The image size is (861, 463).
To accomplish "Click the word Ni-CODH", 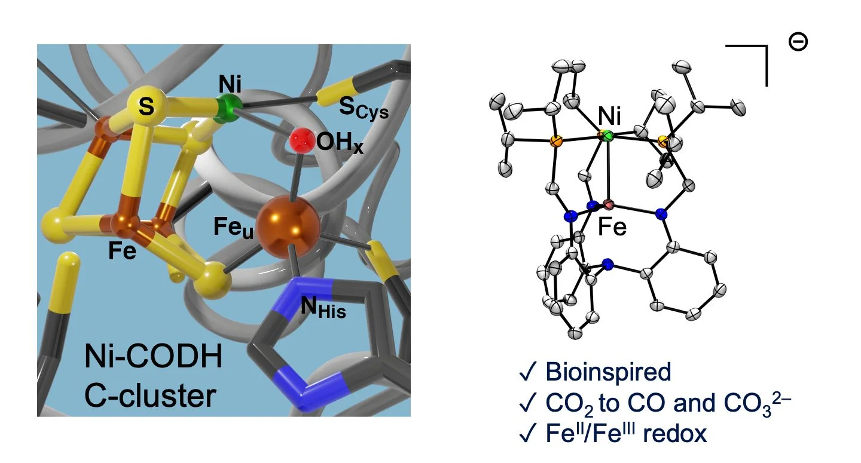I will [153, 361].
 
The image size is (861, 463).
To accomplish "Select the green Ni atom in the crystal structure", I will [606, 137].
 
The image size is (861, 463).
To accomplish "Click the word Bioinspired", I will [607, 372].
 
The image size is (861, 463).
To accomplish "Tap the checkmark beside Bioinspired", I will [527, 372].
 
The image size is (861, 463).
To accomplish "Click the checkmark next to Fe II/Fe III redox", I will [527, 433].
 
